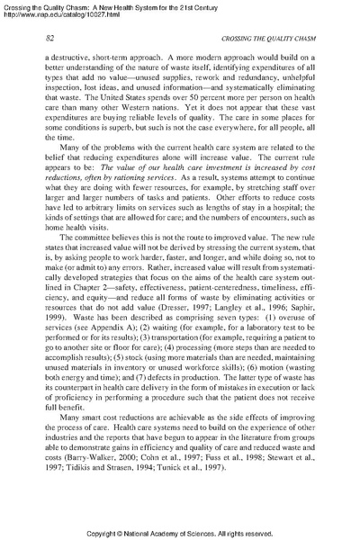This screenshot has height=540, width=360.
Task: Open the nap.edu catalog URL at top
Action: (x=54, y=14)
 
